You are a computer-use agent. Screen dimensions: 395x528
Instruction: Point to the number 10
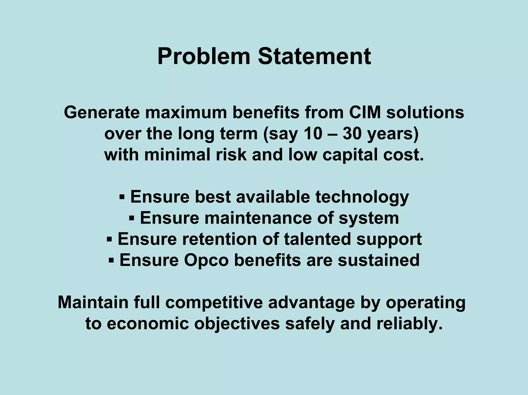click(313, 134)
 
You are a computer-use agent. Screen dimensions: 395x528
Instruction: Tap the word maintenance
click(258, 218)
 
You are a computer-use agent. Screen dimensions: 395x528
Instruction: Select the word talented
click(317, 239)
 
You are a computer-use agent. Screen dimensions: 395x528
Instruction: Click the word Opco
click(206, 260)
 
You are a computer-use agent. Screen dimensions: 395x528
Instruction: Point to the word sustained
click(378, 260)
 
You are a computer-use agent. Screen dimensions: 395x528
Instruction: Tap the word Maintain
click(93, 302)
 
